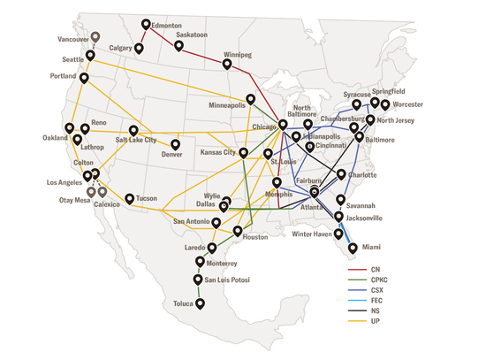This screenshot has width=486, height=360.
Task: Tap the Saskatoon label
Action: [x=199, y=34]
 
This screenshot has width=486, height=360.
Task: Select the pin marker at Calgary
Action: [x=139, y=48]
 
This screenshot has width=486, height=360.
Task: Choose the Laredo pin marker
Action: [x=213, y=246]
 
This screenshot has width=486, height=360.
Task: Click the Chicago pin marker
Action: [x=283, y=125]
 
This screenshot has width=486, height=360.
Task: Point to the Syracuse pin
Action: [x=356, y=105]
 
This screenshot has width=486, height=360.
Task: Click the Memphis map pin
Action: [x=277, y=182]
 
